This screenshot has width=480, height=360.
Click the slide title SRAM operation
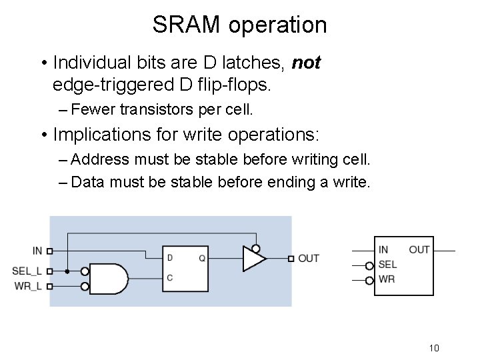239,25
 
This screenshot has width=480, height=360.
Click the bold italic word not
307,63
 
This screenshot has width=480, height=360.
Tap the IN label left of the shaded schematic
37,251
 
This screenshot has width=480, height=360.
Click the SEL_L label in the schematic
27,271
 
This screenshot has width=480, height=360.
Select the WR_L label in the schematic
27,286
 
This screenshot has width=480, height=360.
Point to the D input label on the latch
170,257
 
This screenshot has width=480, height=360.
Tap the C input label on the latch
170,278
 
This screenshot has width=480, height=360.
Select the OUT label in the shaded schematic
309,258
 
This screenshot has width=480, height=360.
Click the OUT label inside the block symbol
419,249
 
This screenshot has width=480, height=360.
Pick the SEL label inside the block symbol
387,264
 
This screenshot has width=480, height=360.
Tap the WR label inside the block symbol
386,279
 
